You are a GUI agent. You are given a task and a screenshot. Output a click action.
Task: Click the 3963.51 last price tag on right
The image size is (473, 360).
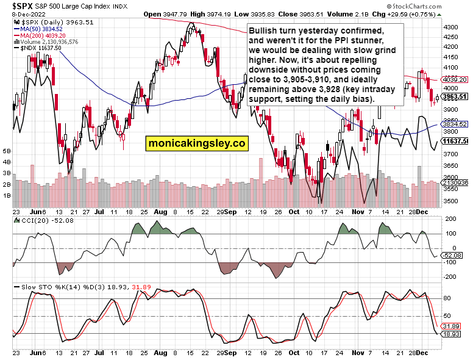click(455, 96)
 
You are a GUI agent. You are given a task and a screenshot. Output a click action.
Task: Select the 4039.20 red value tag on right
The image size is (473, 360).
click(455, 79)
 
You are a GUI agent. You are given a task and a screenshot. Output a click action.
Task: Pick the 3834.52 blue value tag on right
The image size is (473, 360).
click(455, 124)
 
